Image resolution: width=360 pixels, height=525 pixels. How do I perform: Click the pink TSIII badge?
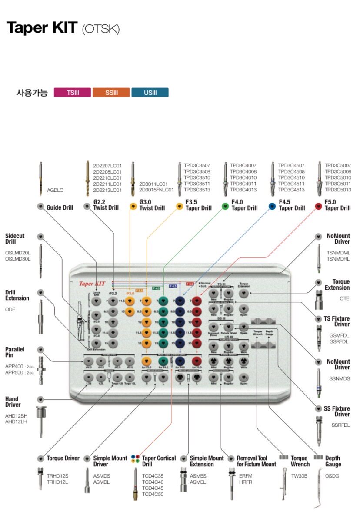[72, 93]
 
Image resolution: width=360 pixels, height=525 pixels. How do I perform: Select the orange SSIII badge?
[111, 93]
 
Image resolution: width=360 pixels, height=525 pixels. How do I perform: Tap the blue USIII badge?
[150, 93]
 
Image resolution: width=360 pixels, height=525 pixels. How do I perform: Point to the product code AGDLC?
[55, 190]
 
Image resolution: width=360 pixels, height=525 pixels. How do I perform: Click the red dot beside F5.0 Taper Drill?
[318, 206]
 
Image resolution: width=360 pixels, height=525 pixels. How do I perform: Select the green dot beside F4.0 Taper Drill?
[225, 206]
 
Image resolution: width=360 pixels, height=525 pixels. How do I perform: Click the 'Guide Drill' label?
[60, 207]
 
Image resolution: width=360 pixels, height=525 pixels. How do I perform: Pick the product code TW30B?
[299, 476]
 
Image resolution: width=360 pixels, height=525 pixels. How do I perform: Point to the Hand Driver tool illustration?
[41, 422]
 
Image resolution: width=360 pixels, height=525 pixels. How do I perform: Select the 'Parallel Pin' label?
[15, 352]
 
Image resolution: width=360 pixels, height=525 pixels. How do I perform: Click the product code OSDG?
[332, 476]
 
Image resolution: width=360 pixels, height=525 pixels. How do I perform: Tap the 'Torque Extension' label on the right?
[337, 285]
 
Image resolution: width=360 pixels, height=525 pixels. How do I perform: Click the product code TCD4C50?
[153, 494]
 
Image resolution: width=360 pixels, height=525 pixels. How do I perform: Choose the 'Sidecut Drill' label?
[15, 238]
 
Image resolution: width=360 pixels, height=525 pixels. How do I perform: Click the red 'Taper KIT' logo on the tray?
[92, 284]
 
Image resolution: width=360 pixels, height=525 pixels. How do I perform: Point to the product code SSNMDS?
[339, 378]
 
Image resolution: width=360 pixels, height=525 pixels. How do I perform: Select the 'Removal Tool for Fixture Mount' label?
[256, 461]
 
